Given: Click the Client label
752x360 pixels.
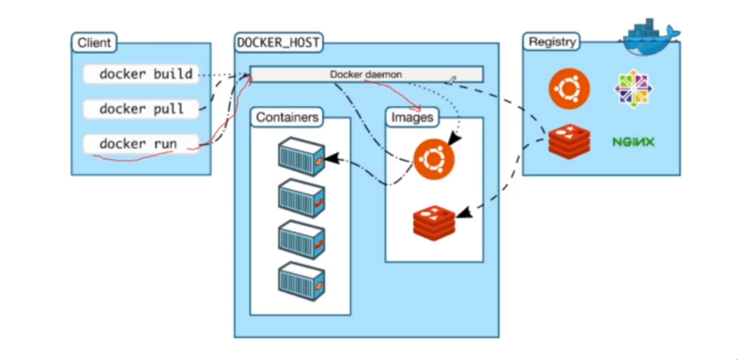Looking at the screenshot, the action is pos(94,43).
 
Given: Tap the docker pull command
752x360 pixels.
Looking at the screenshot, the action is pos(141,109).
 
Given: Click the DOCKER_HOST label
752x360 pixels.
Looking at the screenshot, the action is pos(279,42).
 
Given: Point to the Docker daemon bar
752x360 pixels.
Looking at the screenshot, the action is pos(367,74).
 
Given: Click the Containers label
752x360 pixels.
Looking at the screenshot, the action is pos(287,117).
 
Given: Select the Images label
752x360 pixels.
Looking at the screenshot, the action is pos(412,117).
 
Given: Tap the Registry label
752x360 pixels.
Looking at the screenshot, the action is pos(551,42).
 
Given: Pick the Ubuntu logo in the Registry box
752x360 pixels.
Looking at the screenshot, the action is pos(569,89).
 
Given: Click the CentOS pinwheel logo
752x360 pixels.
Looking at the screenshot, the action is pos(633,89).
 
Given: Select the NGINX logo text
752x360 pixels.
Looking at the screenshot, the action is pos(633,142).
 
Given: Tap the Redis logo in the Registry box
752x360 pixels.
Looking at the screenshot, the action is pos(569,142).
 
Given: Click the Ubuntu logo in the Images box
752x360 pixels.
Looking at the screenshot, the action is pos(434,159).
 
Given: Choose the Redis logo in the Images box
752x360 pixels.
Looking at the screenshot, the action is pos(434,223).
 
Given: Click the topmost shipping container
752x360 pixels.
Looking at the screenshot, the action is pos(301,157).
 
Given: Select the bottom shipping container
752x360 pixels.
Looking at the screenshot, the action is pos(301,281).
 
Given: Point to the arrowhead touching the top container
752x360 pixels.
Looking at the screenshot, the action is pos(333,158).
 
